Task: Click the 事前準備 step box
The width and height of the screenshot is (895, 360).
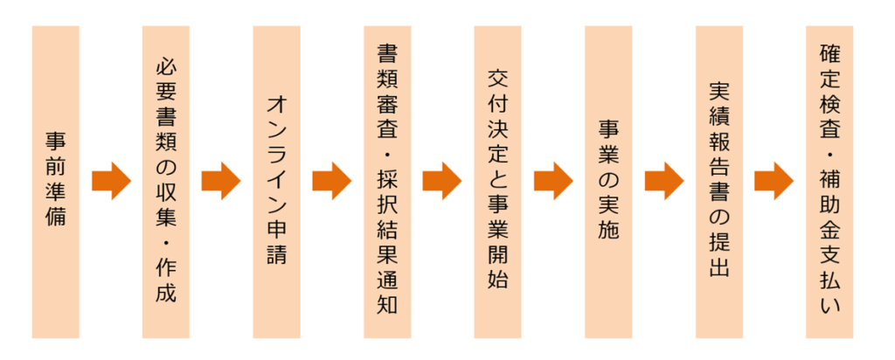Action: tap(55, 182)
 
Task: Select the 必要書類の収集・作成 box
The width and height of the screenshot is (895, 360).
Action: tap(166, 182)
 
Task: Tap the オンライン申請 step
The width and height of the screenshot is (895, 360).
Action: tap(276, 182)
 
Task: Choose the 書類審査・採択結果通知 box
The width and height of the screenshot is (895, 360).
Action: tap(387, 182)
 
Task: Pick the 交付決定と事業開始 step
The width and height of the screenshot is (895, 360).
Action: tap(497, 182)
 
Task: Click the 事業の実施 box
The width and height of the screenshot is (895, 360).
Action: tap(608, 182)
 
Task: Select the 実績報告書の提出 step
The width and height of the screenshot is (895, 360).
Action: tap(718, 182)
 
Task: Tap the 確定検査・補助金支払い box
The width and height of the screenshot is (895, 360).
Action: tap(829, 182)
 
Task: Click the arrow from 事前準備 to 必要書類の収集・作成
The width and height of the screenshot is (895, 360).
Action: tap(110, 181)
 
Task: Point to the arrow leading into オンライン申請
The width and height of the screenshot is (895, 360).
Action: tap(221, 181)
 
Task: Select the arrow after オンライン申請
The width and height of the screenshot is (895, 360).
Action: tap(331, 181)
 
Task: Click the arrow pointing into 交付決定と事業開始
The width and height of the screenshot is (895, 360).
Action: tap(442, 181)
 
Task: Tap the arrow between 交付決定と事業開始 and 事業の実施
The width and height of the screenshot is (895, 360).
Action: tap(552, 181)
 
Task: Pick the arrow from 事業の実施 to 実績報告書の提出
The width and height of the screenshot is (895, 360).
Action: tap(663, 181)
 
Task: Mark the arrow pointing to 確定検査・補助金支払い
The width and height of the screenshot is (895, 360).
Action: tap(774, 181)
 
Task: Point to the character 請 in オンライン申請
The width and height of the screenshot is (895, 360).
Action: tap(276, 254)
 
